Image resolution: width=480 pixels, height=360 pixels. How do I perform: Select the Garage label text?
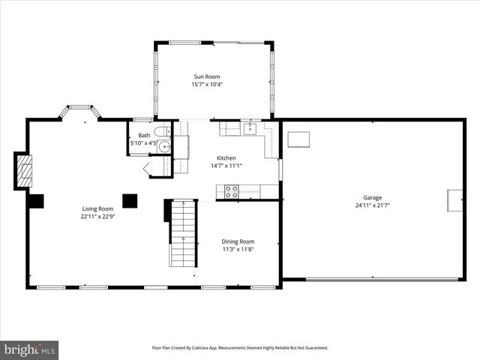pos(373,198)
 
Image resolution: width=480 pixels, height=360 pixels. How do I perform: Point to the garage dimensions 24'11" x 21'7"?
pos(373,205)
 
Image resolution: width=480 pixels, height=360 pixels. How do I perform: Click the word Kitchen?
pos(226,158)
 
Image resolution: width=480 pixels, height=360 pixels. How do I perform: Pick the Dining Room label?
pos(238,241)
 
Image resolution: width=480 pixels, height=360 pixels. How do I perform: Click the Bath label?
pos(143,136)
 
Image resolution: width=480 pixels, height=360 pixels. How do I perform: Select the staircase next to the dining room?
pos(181,234)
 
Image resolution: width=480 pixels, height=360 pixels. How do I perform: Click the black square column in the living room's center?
pos(130,200)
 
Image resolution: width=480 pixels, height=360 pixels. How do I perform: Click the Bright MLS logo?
pos(30,349)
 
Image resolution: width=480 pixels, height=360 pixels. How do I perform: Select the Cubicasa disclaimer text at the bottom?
pos(240,348)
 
